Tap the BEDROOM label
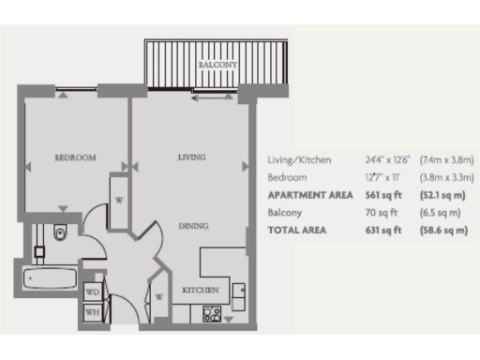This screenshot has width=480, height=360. point(75,158)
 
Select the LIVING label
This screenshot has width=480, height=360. point(191,157)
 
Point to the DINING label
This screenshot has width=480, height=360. point(193,226)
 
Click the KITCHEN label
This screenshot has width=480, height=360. point(201,290)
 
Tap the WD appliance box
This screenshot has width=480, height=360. point(94,292)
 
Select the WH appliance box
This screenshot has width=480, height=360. point(94,312)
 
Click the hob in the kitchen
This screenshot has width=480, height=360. point(212,314)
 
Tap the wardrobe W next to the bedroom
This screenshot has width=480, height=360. point(119,200)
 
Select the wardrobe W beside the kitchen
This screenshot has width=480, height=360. point(160,298)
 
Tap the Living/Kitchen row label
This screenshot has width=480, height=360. point(299,160)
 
